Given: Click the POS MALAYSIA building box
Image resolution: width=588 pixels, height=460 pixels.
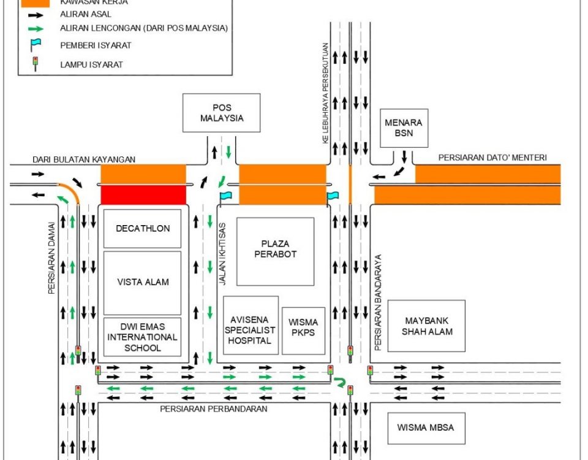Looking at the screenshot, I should (221, 113).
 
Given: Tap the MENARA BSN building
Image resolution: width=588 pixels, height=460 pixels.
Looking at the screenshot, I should (403, 128).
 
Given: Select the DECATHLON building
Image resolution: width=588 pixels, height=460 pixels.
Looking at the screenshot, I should (143, 228).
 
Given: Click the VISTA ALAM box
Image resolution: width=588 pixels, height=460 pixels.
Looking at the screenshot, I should (143, 282).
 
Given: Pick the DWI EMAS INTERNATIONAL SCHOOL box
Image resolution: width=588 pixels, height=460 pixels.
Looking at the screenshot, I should (143, 337).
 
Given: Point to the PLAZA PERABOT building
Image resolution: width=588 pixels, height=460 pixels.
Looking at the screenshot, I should (275, 251).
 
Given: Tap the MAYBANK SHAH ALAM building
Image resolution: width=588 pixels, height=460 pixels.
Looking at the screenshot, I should (426, 326).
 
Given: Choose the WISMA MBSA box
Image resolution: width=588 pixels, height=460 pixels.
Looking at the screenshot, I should (425, 427).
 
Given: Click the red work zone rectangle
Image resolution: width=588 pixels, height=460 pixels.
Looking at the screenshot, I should (143, 195).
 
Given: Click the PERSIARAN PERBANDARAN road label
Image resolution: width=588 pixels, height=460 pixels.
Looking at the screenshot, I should (213, 409).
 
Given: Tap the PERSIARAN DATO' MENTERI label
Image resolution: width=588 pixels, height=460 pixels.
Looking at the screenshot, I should (492, 158).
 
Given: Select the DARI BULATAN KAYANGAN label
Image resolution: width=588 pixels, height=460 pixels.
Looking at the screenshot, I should (84, 159).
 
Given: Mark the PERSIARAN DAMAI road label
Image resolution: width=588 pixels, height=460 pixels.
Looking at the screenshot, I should (53, 258).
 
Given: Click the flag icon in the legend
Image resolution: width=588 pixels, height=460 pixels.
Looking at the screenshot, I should (36, 44).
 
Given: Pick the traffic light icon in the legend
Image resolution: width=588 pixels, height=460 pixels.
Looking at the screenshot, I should (36, 63).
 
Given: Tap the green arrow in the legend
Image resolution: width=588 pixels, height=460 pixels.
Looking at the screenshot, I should (36, 28).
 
